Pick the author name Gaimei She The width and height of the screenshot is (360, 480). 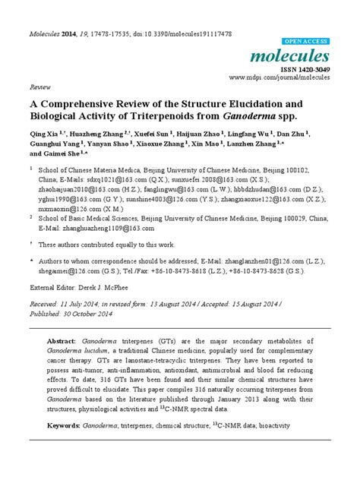pos(70,153)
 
